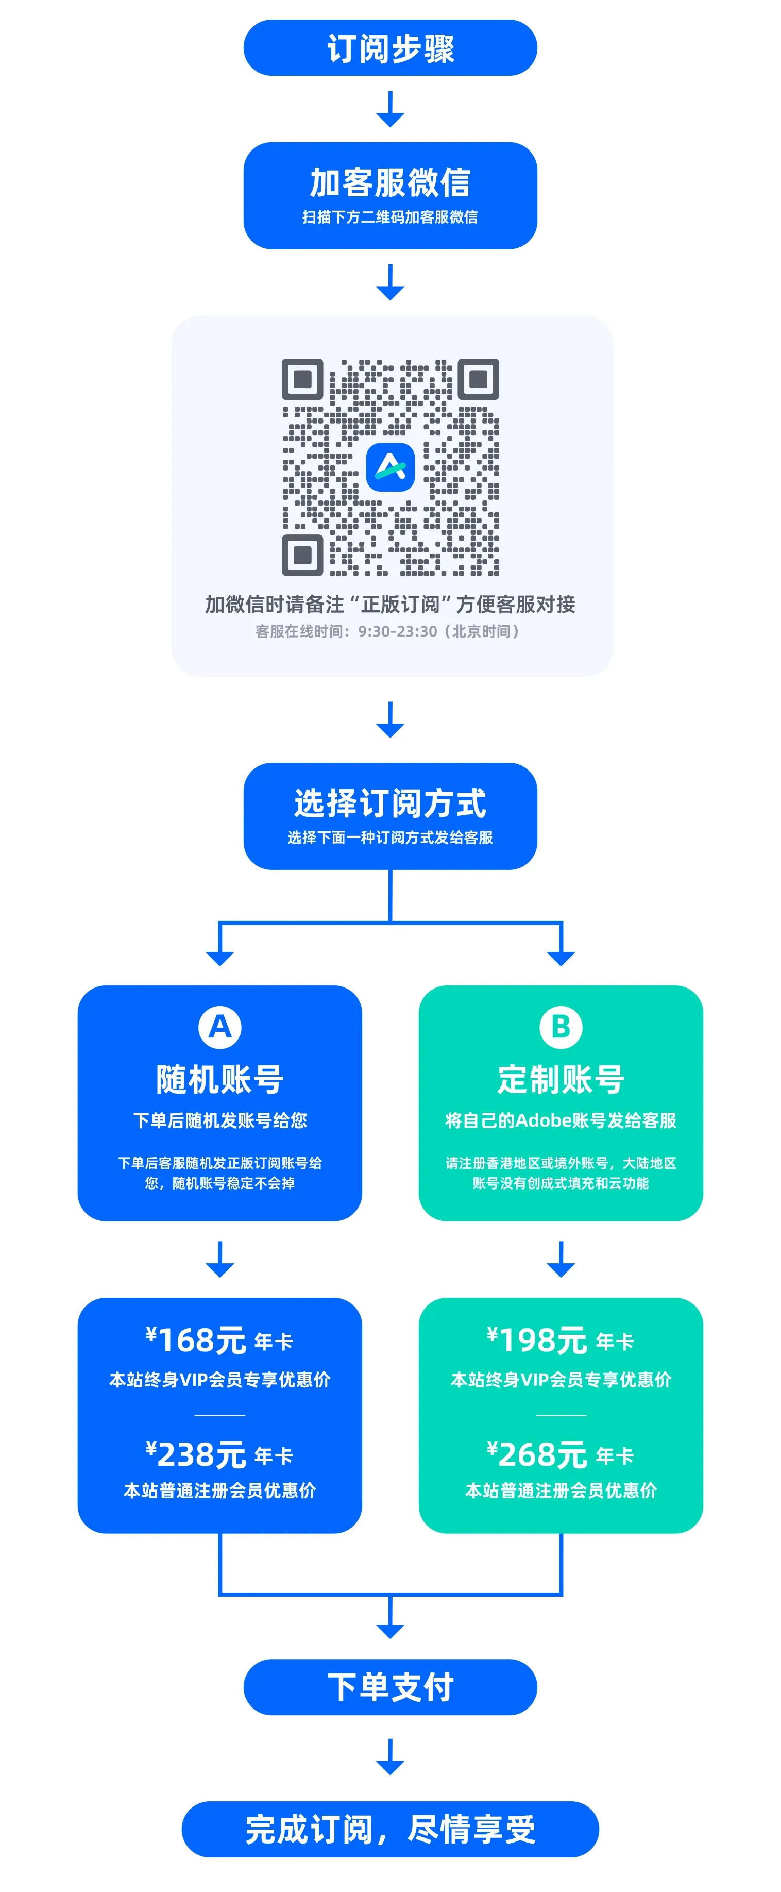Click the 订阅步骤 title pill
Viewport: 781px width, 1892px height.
pyautogui.click(x=390, y=48)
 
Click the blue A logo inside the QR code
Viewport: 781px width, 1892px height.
pyautogui.click(x=390, y=466)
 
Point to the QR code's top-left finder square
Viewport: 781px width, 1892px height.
pyautogui.click(x=302, y=379)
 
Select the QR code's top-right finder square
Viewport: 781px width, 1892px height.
pyautogui.click(x=479, y=379)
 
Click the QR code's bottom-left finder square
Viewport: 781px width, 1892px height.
pyautogui.click(x=302, y=555)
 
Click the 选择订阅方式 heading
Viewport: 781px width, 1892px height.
pyautogui.click(x=390, y=803)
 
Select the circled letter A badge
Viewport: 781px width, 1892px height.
pyautogui.click(x=219, y=1027)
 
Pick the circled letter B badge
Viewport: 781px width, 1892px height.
pyautogui.click(x=561, y=1027)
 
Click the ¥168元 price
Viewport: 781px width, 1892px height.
pyautogui.click(x=197, y=1341)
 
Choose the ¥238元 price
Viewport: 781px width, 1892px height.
pyautogui.click(x=197, y=1455)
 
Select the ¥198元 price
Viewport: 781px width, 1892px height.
pyautogui.click(x=537, y=1341)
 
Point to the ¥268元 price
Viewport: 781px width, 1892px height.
pyautogui.click(x=537, y=1455)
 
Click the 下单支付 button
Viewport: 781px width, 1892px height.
pyautogui.click(x=390, y=1687)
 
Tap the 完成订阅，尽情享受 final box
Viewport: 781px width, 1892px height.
pyautogui.click(x=390, y=1829)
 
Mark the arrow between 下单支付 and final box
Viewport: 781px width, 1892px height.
pyautogui.click(x=390, y=1757)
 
